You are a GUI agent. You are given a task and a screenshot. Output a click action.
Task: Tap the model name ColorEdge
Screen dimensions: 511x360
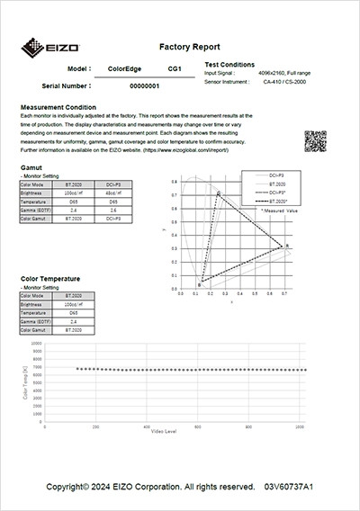pos(125,68)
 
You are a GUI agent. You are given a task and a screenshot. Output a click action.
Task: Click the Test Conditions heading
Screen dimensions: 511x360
pos(229,65)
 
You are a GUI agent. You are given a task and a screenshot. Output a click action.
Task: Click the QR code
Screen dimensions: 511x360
pos(315,141)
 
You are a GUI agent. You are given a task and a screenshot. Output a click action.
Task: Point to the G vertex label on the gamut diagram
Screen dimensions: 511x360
pos(218,193)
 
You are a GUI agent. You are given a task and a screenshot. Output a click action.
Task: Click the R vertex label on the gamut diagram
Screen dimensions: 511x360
pos(287,245)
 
